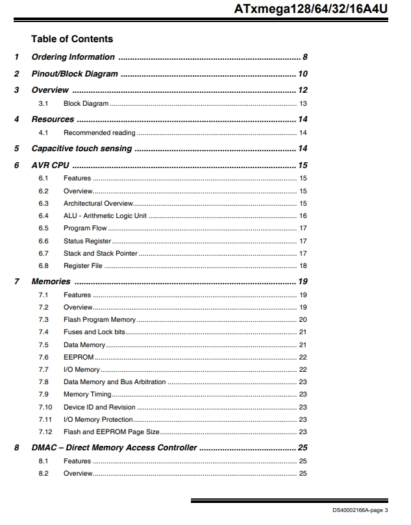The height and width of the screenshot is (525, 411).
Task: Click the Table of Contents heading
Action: point(71,39)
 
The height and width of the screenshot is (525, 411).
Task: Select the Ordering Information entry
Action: point(73,57)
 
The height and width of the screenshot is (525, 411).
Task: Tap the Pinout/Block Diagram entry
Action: point(75,74)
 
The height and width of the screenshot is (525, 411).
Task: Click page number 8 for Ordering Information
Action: point(305,57)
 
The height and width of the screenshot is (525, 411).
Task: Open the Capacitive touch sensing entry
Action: point(81,149)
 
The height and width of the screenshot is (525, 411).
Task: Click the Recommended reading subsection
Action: point(99,133)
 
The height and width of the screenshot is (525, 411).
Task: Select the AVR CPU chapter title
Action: point(50,165)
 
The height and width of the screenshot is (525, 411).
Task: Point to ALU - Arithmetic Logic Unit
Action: point(105,215)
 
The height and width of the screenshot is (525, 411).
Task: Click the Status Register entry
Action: point(87,241)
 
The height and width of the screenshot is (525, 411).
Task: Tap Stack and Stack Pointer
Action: point(100,253)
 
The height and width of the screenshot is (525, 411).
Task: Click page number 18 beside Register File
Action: point(303,266)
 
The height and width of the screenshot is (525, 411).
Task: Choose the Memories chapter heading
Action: point(51,282)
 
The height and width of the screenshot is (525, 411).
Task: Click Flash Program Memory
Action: point(99,320)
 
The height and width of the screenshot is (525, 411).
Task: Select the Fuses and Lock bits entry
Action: point(93,332)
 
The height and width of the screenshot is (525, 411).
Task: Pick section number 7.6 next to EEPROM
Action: point(44,358)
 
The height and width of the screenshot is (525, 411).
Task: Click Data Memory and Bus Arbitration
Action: point(114,382)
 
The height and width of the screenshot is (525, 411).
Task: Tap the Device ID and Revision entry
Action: point(99,408)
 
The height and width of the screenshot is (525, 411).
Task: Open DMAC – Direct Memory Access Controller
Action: point(114,448)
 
